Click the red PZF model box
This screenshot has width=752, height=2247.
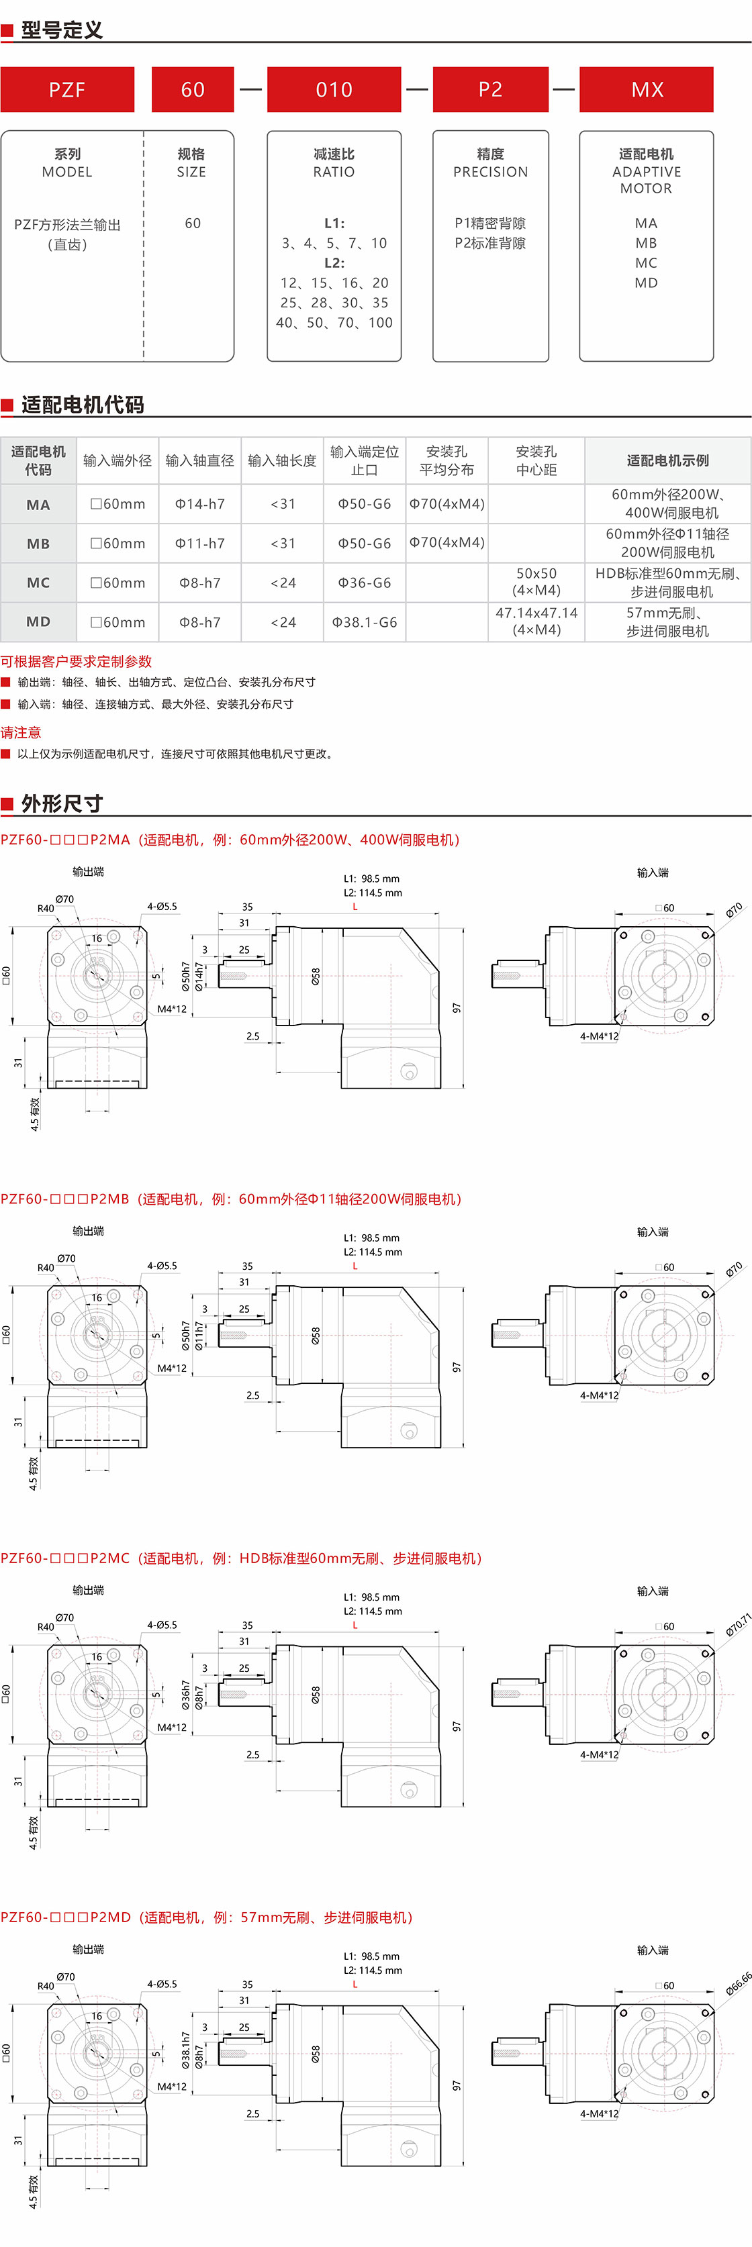[x=67, y=90]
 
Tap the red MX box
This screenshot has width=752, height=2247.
[x=647, y=90]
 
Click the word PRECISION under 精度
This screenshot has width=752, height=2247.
[x=490, y=172]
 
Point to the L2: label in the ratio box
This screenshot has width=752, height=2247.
[x=334, y=262]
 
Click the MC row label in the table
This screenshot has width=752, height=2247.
[x=38, y=583]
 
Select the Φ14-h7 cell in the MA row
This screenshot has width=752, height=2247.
[x=200, y=504]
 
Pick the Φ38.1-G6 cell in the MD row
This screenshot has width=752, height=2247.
[x=364, y=622]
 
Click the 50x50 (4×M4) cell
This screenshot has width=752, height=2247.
[x=536, y=582]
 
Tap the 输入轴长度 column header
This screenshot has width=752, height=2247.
[x=282, y=460]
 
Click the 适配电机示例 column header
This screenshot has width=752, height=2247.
[x=667, y=460]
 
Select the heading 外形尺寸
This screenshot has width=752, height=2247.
[x=62, y=803]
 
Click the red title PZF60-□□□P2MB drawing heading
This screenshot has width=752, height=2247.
[x=230, y=1199]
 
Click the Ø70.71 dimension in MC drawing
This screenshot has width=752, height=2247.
[x=738, y=1624]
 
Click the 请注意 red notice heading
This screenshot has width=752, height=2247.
[x=21, y=733]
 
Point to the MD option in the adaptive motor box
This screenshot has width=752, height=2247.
[x=647, y=283]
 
